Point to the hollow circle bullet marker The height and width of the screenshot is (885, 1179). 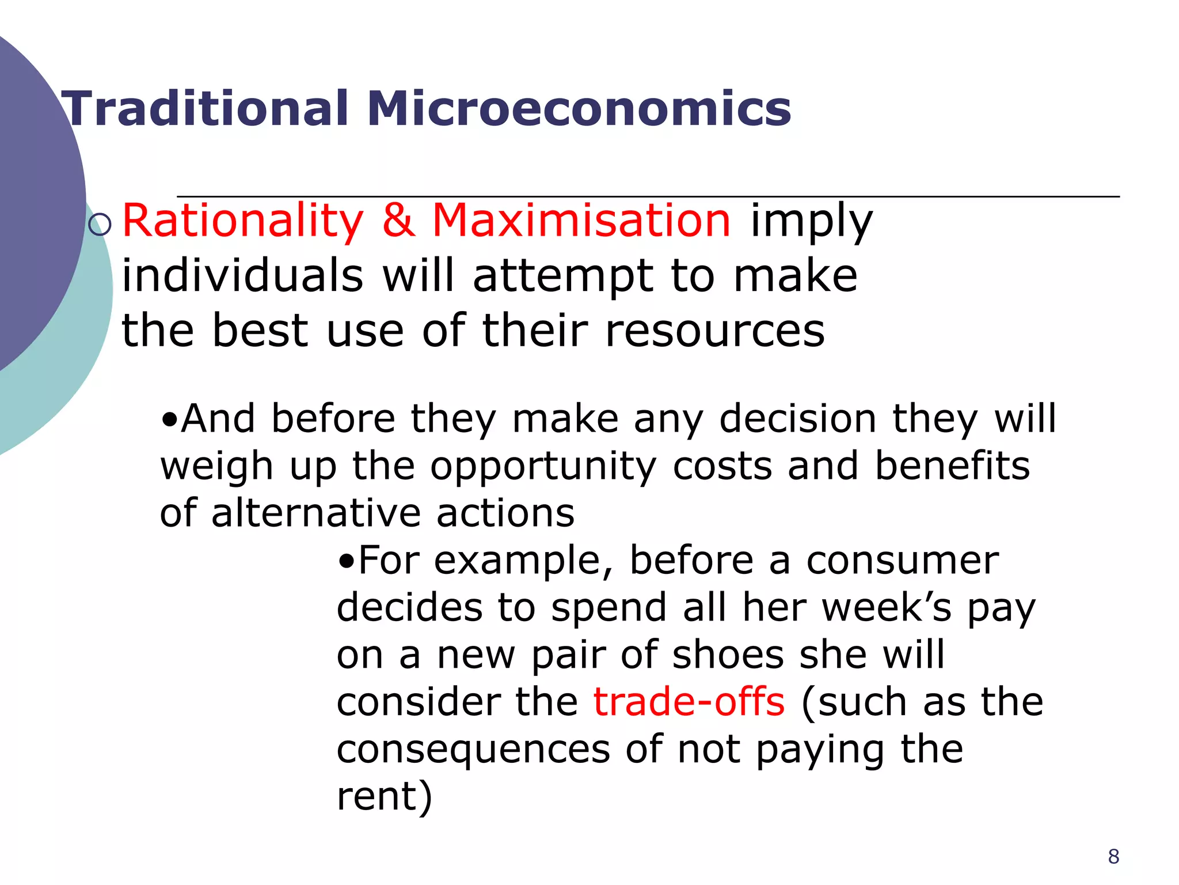pyautogui.click(x=100, y=224)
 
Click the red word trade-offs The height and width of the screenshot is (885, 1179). pyautogui.click(x=689, y=702)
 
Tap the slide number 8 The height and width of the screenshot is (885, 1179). pyautogui.click(x=1113, y=857)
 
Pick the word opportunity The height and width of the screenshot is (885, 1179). pyautogui.click(x=543, y=467)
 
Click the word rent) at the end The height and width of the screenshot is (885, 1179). pyautogui.click(x=384, y=796)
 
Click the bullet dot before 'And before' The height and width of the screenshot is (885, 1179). pyautogui.click(x=169, y=419)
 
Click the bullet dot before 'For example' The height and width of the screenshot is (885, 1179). pyautogui.click(x=346, y=561)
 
